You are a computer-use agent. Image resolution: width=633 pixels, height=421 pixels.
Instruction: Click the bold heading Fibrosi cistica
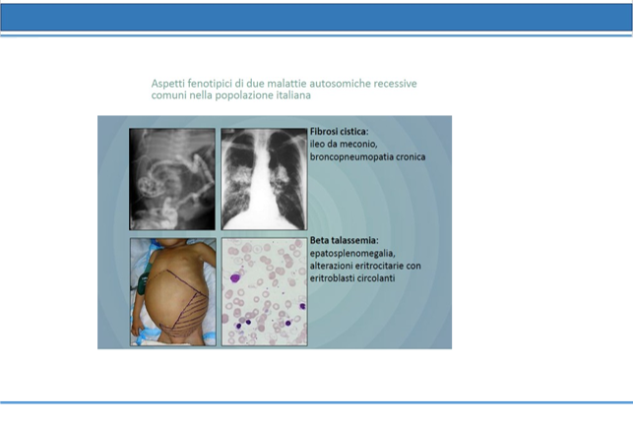339,132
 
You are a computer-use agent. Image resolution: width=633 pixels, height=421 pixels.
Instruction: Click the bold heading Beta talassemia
345,240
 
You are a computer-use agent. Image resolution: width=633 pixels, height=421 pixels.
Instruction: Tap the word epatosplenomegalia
352,254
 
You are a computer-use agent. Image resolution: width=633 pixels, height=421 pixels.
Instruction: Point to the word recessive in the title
395,84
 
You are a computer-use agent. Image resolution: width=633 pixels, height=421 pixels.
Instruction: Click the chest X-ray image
264,179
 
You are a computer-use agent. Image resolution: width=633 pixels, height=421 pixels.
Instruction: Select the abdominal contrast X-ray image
172,179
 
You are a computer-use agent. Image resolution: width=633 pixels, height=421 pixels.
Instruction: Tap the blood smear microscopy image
265,291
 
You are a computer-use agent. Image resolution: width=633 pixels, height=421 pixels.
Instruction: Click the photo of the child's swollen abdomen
173,291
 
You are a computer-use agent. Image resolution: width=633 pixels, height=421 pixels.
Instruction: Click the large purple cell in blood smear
235,277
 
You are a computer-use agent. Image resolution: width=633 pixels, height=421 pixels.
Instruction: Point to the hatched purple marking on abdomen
184,311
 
